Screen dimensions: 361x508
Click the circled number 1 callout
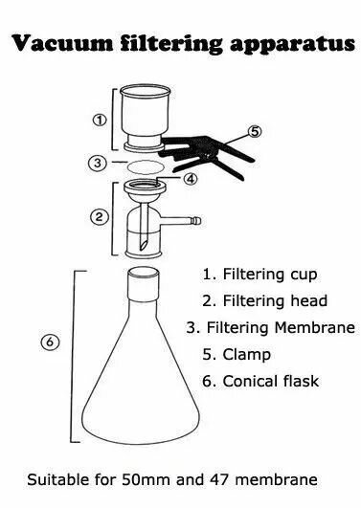tap(100, 121)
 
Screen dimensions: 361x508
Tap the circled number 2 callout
tap(99, 217)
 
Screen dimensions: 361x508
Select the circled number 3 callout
tap(98, 163)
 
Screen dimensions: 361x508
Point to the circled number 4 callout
tap(191, 179)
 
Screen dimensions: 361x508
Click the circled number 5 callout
tap(255, 131)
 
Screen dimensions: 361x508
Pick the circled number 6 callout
tap(50, 342)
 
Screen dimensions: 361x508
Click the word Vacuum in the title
tap(62, 43)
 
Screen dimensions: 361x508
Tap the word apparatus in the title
tap(292, 45)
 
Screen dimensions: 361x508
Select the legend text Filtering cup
tap(270, 275)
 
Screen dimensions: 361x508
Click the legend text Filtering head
tap(275, 300)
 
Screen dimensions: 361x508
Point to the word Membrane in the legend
tap(315, 327)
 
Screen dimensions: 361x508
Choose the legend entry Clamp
tap(246, 354)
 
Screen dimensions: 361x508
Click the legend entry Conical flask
tap(270, 381)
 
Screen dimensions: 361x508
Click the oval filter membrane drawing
tap(146, 167)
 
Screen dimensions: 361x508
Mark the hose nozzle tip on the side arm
tap(196, 221)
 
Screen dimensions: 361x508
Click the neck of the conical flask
tap(144, 284)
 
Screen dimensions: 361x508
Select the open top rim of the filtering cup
tap(145, 90)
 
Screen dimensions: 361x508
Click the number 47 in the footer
tap(220, 479)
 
